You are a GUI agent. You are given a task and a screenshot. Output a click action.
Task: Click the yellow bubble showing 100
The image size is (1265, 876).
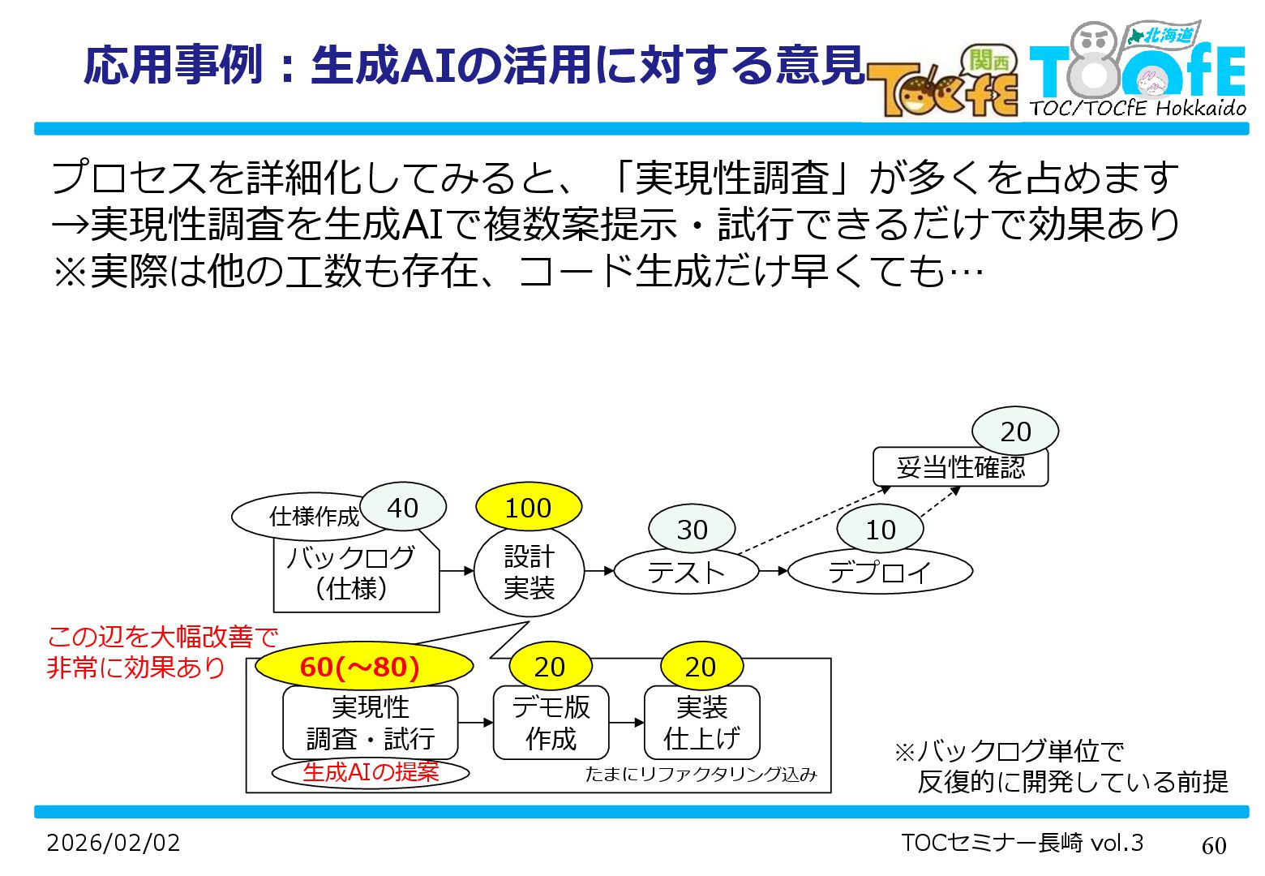click(x=529, y=508)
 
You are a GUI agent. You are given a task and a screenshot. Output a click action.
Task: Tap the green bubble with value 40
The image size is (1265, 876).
click(x=403, y=508)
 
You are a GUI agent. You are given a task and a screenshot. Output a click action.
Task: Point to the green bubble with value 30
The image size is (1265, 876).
click(x=692, y=530)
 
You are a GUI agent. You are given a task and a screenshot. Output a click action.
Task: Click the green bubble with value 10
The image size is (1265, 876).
click(x=880, y=530)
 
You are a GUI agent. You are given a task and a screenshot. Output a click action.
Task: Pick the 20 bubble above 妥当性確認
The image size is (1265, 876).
click(x=1015, y=432)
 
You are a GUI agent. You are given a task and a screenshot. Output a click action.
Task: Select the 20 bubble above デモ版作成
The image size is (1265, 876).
click(x=550, y=667)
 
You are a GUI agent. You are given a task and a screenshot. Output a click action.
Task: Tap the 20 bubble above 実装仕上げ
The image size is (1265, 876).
click(x=701, y=667)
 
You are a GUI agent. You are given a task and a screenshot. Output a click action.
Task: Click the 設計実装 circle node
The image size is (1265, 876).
click(x=529, y=573)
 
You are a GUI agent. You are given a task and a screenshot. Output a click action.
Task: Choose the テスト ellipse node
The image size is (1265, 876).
click(x=686, y=573)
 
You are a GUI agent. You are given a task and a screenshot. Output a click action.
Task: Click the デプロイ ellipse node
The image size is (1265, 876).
click(x=880, y=573)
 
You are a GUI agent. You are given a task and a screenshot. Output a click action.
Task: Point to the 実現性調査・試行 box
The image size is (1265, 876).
click(x=371, y=723)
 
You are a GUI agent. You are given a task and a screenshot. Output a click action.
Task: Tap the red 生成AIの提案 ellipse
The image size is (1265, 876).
click(x=371, y=772)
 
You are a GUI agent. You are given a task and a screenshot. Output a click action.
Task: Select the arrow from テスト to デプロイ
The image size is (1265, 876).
click(x=774, y=571)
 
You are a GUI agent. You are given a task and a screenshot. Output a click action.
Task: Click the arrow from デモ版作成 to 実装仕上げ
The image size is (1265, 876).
click(x=626, y=723)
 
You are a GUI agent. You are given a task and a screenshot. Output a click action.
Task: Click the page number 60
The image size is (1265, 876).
click(x=1214, y=845)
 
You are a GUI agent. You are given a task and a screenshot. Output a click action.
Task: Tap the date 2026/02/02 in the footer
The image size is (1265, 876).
click(x=114, y=843)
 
